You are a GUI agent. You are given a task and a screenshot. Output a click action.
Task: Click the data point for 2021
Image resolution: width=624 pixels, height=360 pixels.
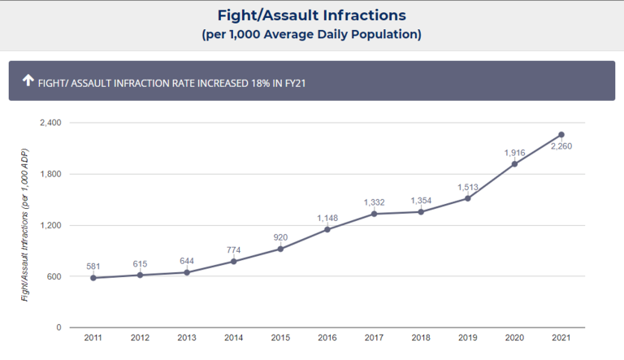pos(561,135)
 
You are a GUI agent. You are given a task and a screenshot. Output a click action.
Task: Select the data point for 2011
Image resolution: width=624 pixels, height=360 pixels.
pos(93,278)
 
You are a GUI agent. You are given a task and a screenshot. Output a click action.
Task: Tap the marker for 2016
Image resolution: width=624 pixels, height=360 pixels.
pos(327,229)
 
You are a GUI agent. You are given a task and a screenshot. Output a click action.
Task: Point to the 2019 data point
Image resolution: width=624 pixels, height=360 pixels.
pos(468,198)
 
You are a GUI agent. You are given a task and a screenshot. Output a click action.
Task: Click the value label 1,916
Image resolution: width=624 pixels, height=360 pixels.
pos(514,153)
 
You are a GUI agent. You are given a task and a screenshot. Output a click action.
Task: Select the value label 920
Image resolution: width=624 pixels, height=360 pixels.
pos(280,237)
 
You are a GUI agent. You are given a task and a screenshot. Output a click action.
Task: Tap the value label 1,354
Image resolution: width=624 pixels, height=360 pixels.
pos(421,201)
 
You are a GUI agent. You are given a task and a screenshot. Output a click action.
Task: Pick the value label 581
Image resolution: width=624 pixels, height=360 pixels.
pos(93,267)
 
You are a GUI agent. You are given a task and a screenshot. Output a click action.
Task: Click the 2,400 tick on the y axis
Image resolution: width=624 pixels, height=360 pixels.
pos(50,123)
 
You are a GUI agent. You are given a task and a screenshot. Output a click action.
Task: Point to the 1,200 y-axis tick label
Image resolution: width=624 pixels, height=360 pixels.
pos(50,225)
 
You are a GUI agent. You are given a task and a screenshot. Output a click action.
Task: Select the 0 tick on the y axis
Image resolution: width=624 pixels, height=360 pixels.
pos(58,327)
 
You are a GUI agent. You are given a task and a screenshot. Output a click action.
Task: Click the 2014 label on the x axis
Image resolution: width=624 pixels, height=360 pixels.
pos(234,338)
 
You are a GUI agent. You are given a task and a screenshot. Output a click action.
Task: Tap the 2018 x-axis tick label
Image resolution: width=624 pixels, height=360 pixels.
pos(421,338)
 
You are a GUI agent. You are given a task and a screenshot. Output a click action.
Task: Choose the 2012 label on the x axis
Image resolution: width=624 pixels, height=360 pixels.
pos(140,338)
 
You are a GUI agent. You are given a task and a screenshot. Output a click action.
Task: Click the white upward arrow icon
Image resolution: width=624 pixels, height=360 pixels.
pos(28,80)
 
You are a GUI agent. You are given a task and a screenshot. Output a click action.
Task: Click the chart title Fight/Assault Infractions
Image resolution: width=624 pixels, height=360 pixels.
pos(312,15)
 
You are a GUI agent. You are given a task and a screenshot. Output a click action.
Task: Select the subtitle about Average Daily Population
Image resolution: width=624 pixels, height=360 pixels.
pos(312,35)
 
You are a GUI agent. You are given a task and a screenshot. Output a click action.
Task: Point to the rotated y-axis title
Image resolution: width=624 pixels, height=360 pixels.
pos(24,225)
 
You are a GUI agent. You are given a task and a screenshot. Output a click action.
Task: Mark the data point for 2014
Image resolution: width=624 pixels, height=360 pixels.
pos(234,262)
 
